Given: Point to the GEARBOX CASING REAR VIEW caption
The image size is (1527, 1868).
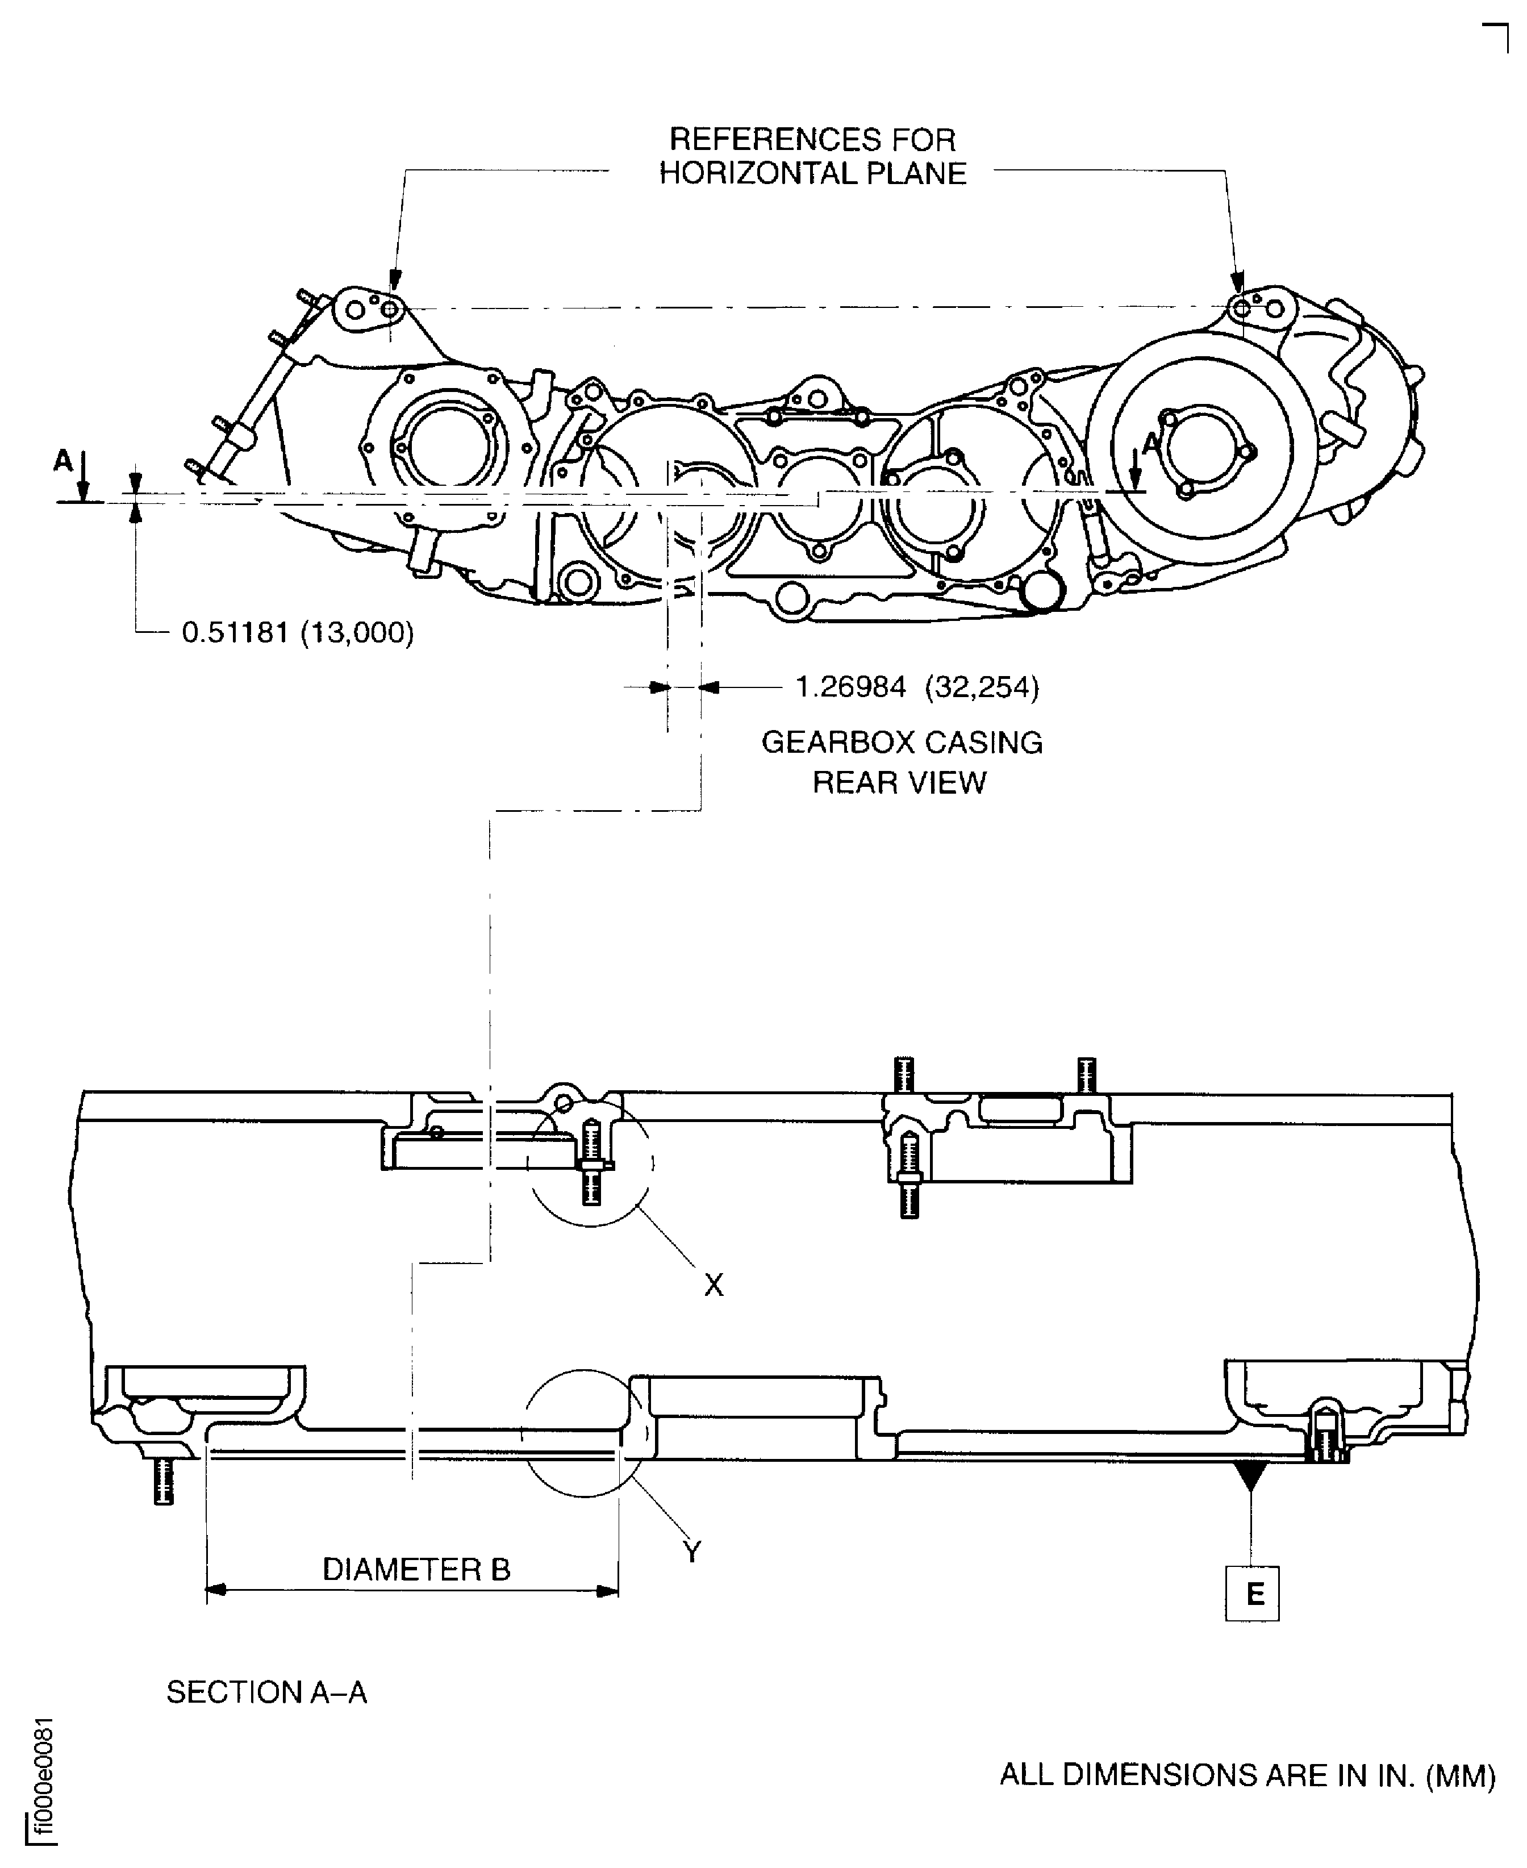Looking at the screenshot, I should pos(901,762).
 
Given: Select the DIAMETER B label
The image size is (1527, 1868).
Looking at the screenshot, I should pos(416,1569).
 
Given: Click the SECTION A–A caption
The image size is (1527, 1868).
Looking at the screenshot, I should pos(266,1692).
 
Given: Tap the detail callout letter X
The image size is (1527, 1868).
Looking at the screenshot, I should pos(714,1285).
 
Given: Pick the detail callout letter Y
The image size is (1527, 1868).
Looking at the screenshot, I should pos(692,1552).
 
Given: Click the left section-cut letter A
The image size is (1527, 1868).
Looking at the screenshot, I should pos(62,460).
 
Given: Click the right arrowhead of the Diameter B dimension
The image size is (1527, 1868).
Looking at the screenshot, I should pos(607,1590).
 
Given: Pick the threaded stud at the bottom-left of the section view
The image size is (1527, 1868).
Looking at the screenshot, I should pos(164,1481).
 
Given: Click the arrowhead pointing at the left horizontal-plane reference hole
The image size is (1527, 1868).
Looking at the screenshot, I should pos(395,280).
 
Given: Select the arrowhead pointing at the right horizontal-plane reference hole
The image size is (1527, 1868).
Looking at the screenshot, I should pos(1238,283).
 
